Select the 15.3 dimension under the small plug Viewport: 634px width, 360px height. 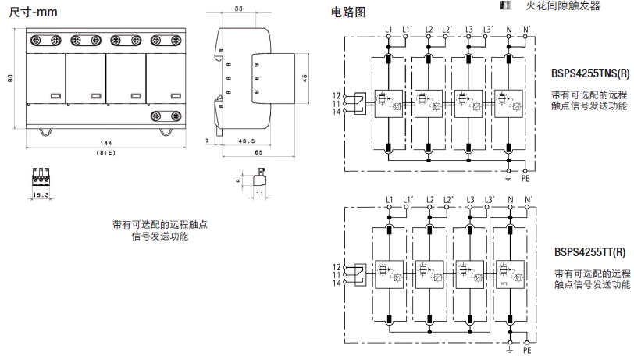(x=41, y=194)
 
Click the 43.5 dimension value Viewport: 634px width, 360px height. (x=247, y=141)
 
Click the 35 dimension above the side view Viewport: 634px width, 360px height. (x=238, y=9)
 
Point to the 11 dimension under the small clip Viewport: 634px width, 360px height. (x=260, y=192)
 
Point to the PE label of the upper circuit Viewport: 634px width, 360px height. (x=525, y=179)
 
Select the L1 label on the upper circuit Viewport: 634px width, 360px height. (x=388, y=30)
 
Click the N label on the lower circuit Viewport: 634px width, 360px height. (x=509, y=201)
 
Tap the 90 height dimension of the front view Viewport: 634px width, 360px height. (x=10, y=78)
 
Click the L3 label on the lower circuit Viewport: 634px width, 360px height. (x=468, y=201)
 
